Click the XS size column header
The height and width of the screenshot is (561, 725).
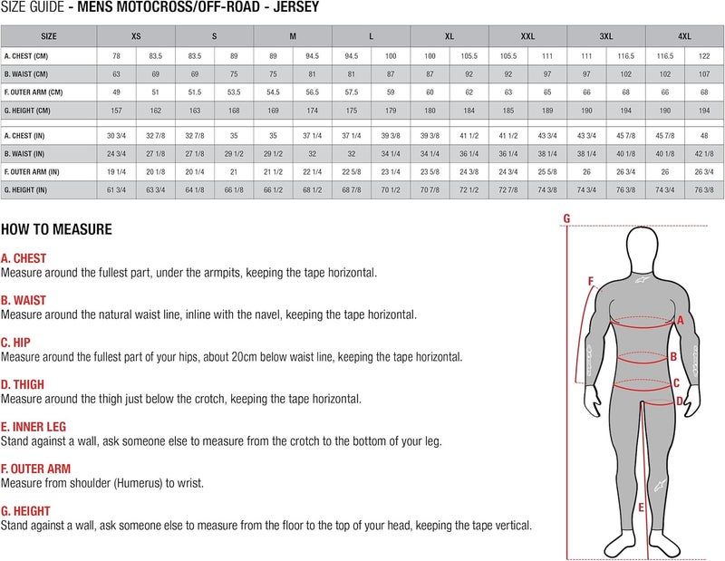(136, 36)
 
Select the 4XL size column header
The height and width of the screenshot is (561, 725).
(684, 36)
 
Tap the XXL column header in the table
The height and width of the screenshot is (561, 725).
(527, 36)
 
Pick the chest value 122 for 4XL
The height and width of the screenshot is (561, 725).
(704, 56)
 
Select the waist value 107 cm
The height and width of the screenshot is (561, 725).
(704, 74)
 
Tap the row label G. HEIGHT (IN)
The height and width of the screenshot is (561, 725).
(32, 190)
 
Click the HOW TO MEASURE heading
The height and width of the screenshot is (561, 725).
(56, 229)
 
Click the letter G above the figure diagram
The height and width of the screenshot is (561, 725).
(566, 218)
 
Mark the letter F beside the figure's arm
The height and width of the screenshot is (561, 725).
(591, 282)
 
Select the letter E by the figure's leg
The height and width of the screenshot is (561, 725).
(641, 508)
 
